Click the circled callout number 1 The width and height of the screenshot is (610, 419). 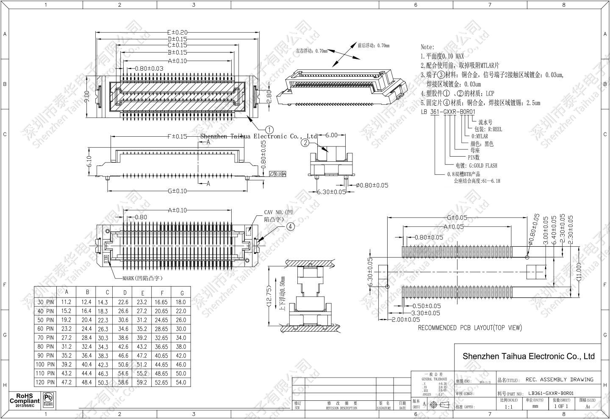tap(269, 130)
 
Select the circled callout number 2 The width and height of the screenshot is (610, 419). tap(305, 143)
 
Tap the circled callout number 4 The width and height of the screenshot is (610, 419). tap(290, 226)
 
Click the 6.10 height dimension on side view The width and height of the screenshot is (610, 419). tap(89, 161)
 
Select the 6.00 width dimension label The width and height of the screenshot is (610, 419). tap(332, 135)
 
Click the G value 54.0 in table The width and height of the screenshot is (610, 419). tap(181, 382)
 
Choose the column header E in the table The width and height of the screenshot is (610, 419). tap(143, 292)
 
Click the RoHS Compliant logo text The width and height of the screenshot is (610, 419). tap(25, 400)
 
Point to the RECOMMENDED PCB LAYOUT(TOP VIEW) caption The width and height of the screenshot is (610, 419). tap(470, 328)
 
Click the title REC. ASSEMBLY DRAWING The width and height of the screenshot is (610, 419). tap(559, 379)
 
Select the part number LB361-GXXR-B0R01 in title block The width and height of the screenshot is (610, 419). tap(551, 393)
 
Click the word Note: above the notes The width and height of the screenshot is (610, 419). tap(427, 47)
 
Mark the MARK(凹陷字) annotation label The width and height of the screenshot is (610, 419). tap(142, 278)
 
